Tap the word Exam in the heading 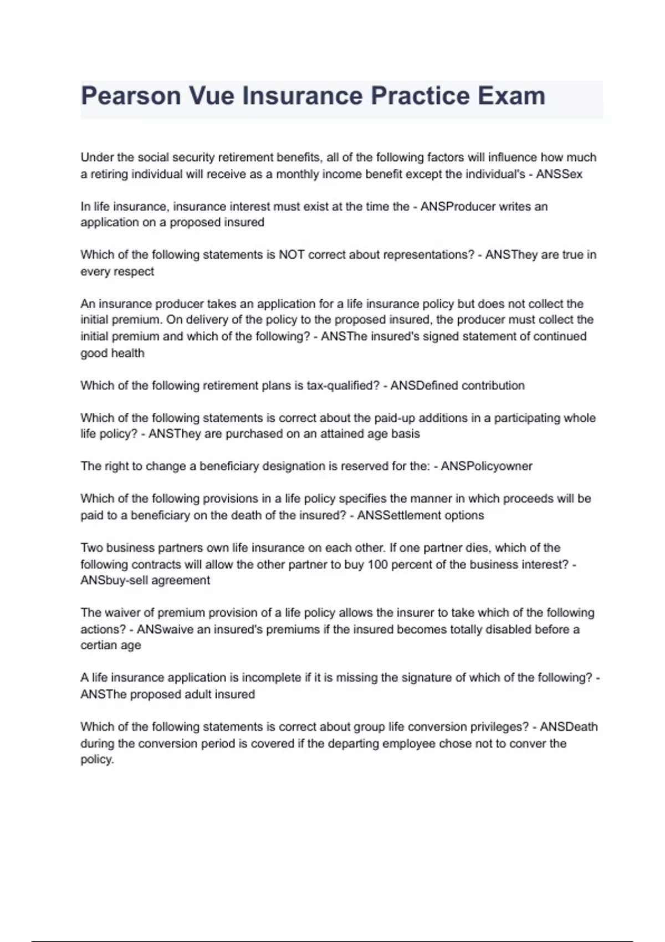[511, 96]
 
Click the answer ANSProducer [458, 207]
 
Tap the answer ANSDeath [569, 727]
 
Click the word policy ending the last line [96, 760]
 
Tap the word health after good [128, 354]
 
